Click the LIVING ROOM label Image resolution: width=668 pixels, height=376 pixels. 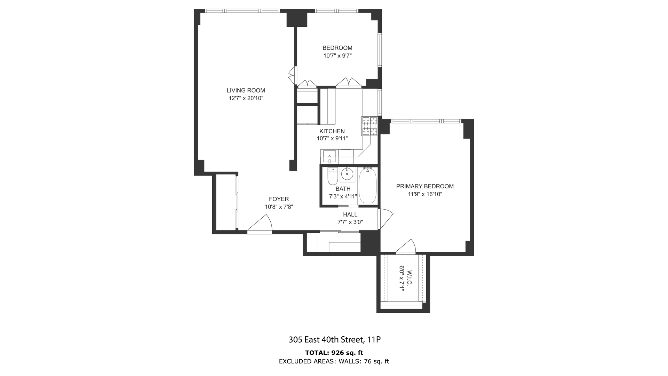click(x=246, y=91)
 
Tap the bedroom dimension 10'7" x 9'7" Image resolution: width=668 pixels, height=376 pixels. click(x=337, y=56)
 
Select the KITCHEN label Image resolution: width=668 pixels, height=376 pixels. click(x=332, y=131)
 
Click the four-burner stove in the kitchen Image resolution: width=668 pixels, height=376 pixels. click(x=369, y=126)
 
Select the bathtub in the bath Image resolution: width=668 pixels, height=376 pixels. click(x=367, y=186)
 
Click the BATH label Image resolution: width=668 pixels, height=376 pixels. click(x=343, y=189)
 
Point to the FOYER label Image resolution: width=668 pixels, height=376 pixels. click(x=279, y=199)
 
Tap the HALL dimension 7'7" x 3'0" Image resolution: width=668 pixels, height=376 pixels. click(x=350, y=222)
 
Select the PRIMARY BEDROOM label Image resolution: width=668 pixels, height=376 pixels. click(x=425, y=186)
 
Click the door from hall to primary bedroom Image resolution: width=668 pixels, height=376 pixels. click(x=385, y=219)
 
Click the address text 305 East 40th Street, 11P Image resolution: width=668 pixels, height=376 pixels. click(x=334, y=339)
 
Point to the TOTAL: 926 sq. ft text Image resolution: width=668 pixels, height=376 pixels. click(x=334, y=353)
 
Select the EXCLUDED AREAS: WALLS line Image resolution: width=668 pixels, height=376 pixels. click(x=334, y=361)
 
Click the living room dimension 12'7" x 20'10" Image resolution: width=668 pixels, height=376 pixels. click(x=246, y=98)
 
